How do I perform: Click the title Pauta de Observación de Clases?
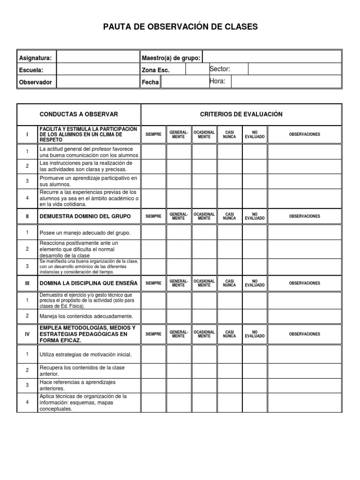coord(180,27)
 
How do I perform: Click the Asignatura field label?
coord(35,58)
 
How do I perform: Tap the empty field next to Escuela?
coord(98,70)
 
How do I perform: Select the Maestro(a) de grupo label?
coord(171,58)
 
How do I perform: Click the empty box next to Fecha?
coord(184,82)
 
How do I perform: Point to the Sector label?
coord(220,69)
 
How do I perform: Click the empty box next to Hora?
coord(286,82)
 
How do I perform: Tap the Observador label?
coord(35,82)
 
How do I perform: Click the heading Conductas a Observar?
coord(79,114)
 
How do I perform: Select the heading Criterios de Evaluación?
coord(241,114)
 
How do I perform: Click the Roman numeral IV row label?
coord(27,334)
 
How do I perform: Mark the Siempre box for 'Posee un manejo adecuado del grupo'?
coord(153,232)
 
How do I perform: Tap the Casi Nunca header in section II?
coord(229,217)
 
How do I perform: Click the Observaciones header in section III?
coord(304,283)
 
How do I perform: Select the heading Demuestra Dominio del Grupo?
coord(85,217)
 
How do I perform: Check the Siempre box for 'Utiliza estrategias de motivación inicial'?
coord(153,355)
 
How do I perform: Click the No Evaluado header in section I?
coord(255,135)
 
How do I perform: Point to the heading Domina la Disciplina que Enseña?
coord(88,283)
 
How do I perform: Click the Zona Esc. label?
coord(156,70)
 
